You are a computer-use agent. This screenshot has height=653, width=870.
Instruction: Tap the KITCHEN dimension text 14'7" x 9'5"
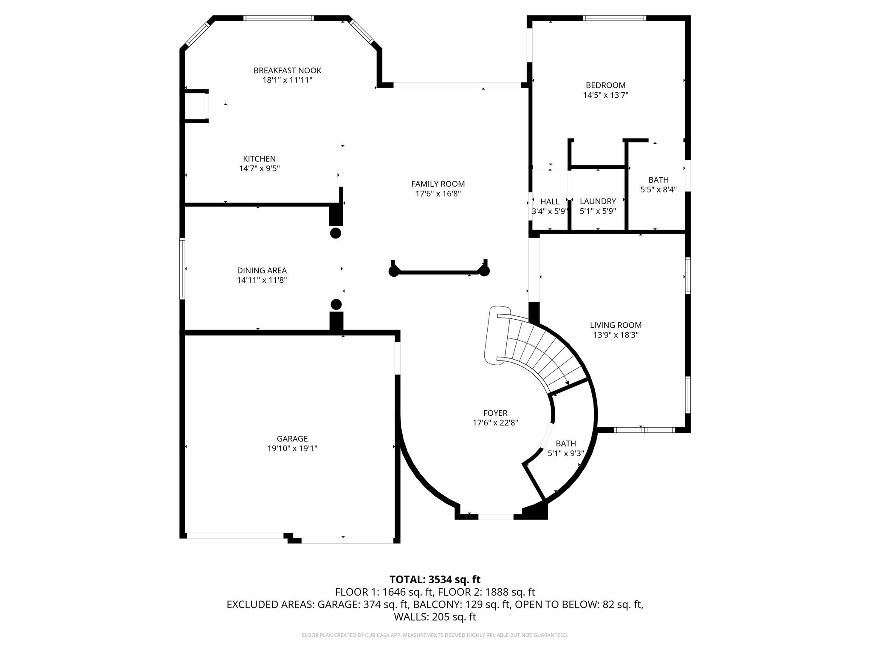pyautogui.click(x=260, y=168)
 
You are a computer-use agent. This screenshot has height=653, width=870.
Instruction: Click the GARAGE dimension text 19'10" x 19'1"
pyautogui.click(x=292, y=448)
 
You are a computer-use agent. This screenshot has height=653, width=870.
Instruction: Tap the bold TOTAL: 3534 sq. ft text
pyautogui.click(x=435, y=579)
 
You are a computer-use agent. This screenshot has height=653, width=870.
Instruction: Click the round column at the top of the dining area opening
pyautogui.click(x=336, y=233)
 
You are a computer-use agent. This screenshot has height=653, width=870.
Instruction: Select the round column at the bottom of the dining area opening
pyautogui.click(x=336, y=304)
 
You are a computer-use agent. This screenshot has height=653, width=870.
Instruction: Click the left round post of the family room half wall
pyautogui.click(x=394, y=272)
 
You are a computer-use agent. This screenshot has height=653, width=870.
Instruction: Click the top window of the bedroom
pyautogui.click(x=615, y=18)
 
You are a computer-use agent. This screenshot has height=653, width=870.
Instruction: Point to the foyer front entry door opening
pyautogui.click(x=496, y=517)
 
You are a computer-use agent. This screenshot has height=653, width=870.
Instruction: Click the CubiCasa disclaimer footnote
pyautogui.click(x=435, y=635)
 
